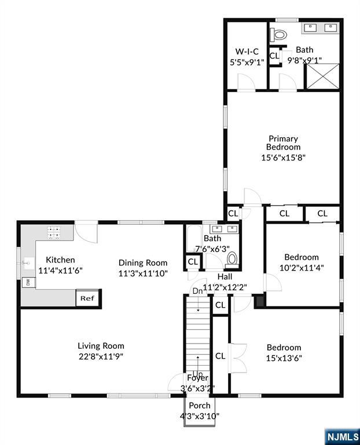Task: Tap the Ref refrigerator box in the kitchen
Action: pyautogui.click(x=87, y=298)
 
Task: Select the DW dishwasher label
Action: pyautogui.click(x=26, y=283)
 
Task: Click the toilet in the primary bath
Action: pyautogui.click(x=280, y=35)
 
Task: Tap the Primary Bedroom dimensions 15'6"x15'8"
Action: pyautogui.click(x=283, y=156)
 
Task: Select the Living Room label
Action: pyautogui.click(x=101, y=346)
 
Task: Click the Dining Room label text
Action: pyautogui.click(x=143, y=262)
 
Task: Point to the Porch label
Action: pyautogui.click(x=199, y=405)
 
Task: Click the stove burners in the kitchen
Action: pyautogui.click(x=54, y=232)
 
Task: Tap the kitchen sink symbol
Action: pyautogui.click(x=26, y=263)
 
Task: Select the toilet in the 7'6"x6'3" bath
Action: pyautogui.click(x=233, y=259)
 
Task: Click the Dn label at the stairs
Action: pyautogui.click(x=197, y=290)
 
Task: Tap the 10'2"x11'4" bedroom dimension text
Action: pyautogui.click(x=301, y=268)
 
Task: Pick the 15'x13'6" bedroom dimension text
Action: pyautogui.click(x=284, y=358)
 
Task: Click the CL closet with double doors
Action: pyautogui.click(x=221, y=356)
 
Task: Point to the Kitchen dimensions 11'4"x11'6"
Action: pyautogui.click(x=61, y=270)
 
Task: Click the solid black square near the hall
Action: pyautogui.click(x=259, y=301)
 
